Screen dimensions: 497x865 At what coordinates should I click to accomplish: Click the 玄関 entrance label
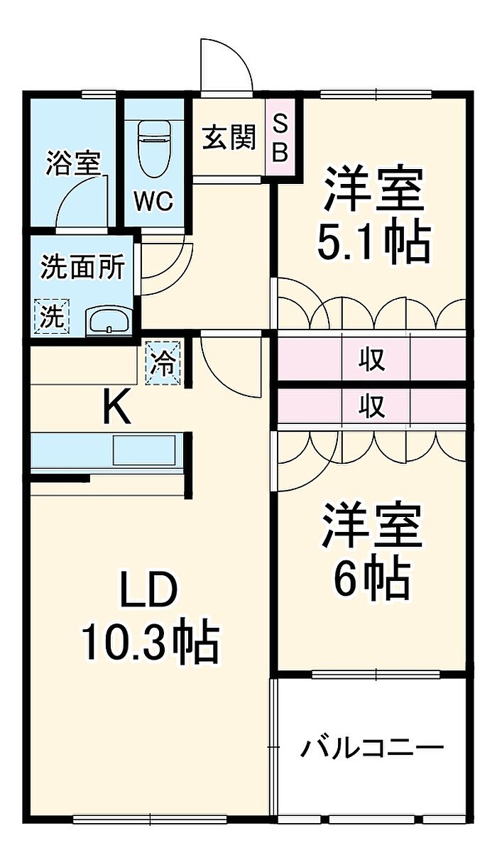(229, 138)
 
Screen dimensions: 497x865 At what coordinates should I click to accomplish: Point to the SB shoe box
(281, 138)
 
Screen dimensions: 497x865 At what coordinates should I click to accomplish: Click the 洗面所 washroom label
(82, 267)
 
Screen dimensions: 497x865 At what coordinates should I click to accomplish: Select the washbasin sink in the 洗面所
(109, 321)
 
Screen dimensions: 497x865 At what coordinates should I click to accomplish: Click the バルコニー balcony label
(371, 748)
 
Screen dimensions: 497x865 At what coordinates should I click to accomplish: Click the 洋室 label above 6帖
(373, 526)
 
